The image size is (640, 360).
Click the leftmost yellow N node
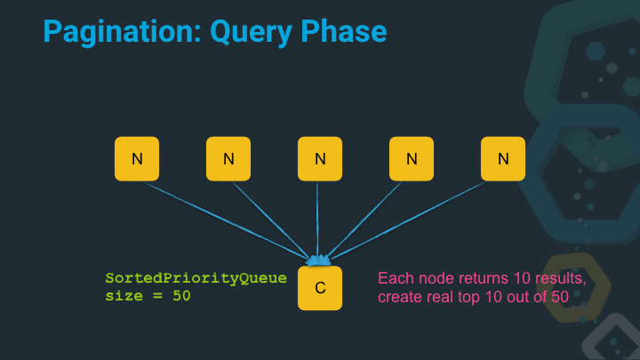(x=137, y=159)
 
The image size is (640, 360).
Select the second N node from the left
(x=228, y=159)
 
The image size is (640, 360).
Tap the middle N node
(x=320, y=159)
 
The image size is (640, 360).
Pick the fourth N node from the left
(x=412, y=159)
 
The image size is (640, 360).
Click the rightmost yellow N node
(x=503, y=159)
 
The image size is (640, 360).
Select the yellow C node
(x=320, y=288)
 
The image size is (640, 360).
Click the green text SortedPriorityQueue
(x=196, y=278)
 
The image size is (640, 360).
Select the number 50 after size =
(x=181, y=296)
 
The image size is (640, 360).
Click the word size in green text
(x=124, y=296)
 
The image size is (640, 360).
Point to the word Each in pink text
(x=395, y=278)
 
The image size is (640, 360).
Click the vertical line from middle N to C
(x=318, y=218)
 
